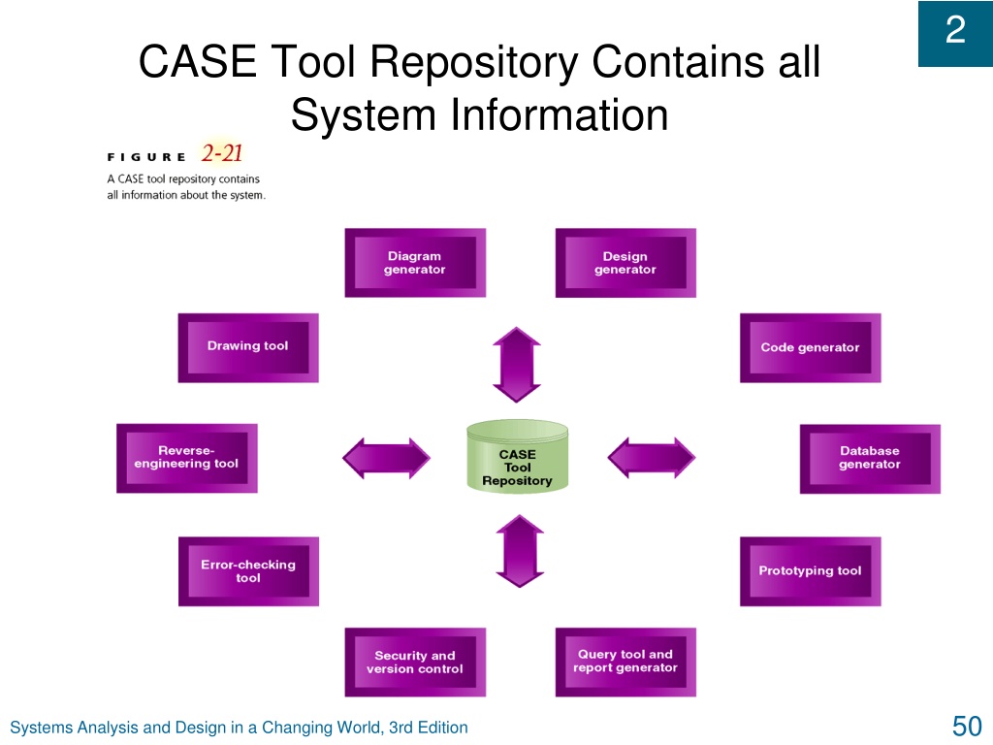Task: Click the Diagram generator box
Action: coord(415,263)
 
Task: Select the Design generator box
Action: coord(625,263)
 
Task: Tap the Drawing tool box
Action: coord(248,348)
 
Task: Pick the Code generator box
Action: coord(810,348)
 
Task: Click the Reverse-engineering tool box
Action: coord(187,458)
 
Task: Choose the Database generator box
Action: coord(870,459)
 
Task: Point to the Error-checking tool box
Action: coord(248,571)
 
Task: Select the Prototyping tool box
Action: coord(810,571)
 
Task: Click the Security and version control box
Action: coord(415,662)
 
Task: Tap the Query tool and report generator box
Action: coord(625,662)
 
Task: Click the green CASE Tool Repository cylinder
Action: coord(518,457)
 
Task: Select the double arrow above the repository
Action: coord(517,365)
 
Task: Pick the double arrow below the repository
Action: coord(520,551)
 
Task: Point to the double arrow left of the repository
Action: coord(386,458)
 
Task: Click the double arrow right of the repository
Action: coord(651,458)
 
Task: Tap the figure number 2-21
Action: coord(222,153)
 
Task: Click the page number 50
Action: coord(967,726)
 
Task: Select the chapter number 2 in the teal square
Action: coord(955,30)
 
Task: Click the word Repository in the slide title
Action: coord(473,61)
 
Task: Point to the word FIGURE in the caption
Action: coord(146,157)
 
